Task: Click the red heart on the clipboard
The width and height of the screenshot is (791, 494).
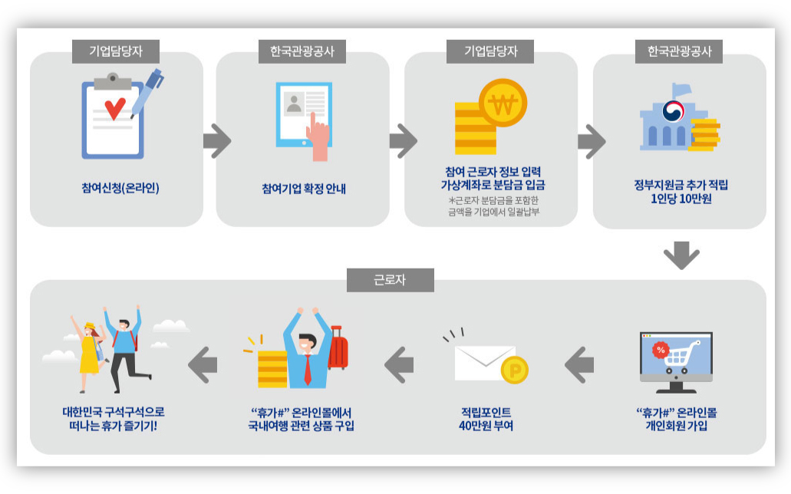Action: point(114,108)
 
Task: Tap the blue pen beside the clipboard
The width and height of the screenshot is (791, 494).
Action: point(147,91)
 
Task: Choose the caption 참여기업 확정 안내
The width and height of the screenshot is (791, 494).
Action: point(304,187)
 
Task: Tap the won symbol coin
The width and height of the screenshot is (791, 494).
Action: point(503,106)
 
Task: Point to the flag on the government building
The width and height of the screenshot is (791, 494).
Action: point(680,91)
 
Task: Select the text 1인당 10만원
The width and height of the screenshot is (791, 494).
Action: point(681,199)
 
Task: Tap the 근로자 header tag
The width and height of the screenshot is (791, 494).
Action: point(391,280)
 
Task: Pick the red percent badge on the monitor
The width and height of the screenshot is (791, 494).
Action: point(660,350)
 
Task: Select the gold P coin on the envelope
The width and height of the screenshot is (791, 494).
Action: point(514,370)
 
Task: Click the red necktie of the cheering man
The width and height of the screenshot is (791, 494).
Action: point(307,370)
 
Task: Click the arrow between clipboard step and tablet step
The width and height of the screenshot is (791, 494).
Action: point(216,140)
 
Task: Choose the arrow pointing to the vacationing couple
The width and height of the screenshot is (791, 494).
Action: point(201,364)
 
